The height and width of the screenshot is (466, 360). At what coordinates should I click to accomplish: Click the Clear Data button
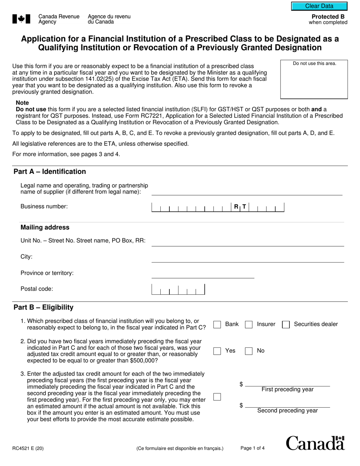tap(319, 6)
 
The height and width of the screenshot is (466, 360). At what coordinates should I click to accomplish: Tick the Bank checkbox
tap(217, 324)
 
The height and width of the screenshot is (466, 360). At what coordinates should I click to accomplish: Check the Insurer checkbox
tap(249, 324)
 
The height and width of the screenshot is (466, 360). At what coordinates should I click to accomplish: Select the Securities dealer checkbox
tap(286, 324)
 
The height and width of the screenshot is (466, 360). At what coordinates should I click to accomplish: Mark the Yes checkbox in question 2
tap(217, 351)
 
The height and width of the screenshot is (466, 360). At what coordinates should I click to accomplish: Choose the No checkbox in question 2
tap(249, 351)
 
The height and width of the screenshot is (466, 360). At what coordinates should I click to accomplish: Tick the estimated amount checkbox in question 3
tap(217, 397)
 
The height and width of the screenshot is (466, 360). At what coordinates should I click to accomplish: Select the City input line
tap(247, 258)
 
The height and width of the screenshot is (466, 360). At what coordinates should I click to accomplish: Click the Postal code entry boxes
tap(178, 289)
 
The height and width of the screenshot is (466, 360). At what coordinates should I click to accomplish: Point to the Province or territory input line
tap(203, 275)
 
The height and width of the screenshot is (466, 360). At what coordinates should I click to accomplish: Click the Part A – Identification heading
tap(50, 172)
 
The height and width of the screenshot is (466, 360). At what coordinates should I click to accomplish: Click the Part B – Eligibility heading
tap(44, 307)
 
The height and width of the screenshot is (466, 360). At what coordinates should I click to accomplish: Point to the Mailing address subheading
tap(45, 227)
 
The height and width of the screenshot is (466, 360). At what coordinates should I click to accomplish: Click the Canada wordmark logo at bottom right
tap(315, 443)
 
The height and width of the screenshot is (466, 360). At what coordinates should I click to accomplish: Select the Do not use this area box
tap(314, 80)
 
